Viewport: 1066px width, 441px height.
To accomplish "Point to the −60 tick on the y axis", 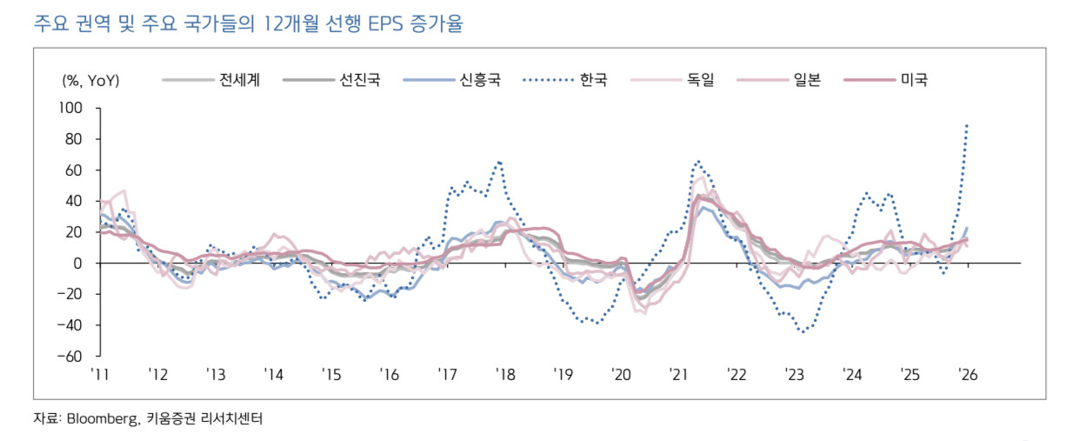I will pos(68,357).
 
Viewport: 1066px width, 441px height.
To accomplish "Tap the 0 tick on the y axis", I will pos(77,264).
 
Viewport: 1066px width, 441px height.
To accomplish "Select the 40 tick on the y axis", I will pos(72,201).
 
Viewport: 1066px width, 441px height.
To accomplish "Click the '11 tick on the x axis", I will pos(99,375).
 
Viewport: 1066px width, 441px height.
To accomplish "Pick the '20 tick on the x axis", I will pos(621,375).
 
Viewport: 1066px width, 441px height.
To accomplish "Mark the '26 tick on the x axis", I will pos(968,375).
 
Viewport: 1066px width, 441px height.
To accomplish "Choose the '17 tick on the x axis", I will pos(447,375).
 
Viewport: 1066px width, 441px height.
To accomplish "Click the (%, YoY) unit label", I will pos(90,81).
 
